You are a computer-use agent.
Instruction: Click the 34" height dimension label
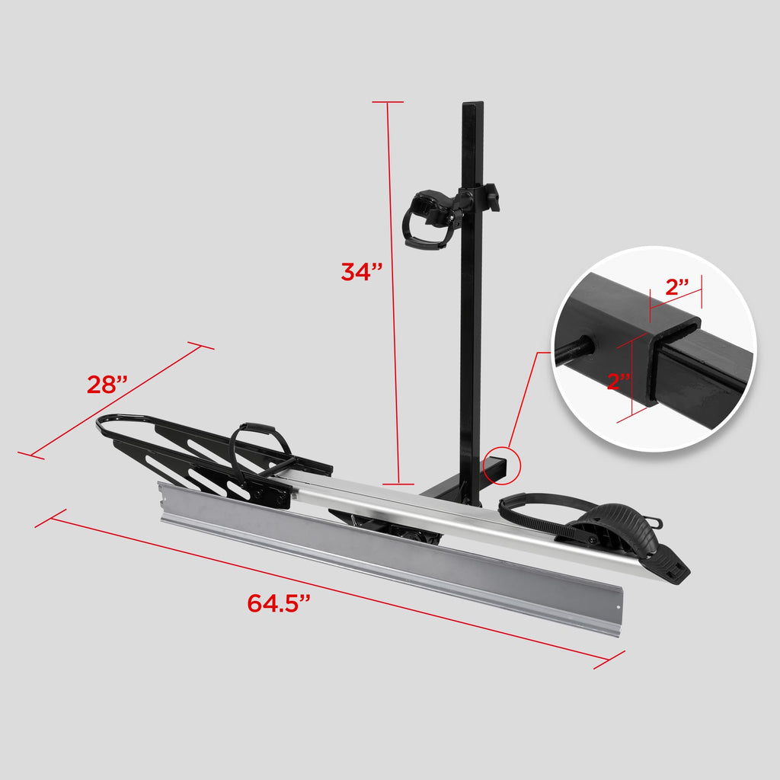click(361, 271)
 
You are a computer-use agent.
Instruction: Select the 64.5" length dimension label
click(279, 603)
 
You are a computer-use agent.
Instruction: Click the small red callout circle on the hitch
click(501, 463)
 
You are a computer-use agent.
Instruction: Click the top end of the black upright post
click(472, 107)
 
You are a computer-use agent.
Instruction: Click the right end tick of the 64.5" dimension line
click(609, 660)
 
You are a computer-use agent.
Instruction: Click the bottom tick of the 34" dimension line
click(398, 483)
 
